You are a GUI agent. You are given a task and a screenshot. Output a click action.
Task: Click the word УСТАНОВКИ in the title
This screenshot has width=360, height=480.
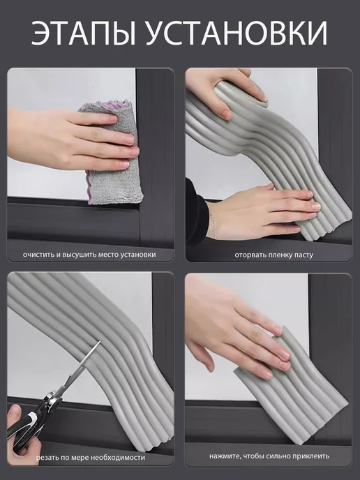(237, 33)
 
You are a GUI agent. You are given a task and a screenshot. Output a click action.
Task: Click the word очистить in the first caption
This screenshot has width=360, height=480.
(38, 255)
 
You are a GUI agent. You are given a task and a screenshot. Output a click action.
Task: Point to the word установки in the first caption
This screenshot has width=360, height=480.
(138, 255)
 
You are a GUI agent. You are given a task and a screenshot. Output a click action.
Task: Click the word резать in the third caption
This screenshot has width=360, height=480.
(47, 458)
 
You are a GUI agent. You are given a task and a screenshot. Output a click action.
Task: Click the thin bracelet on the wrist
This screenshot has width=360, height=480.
(212, 220)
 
